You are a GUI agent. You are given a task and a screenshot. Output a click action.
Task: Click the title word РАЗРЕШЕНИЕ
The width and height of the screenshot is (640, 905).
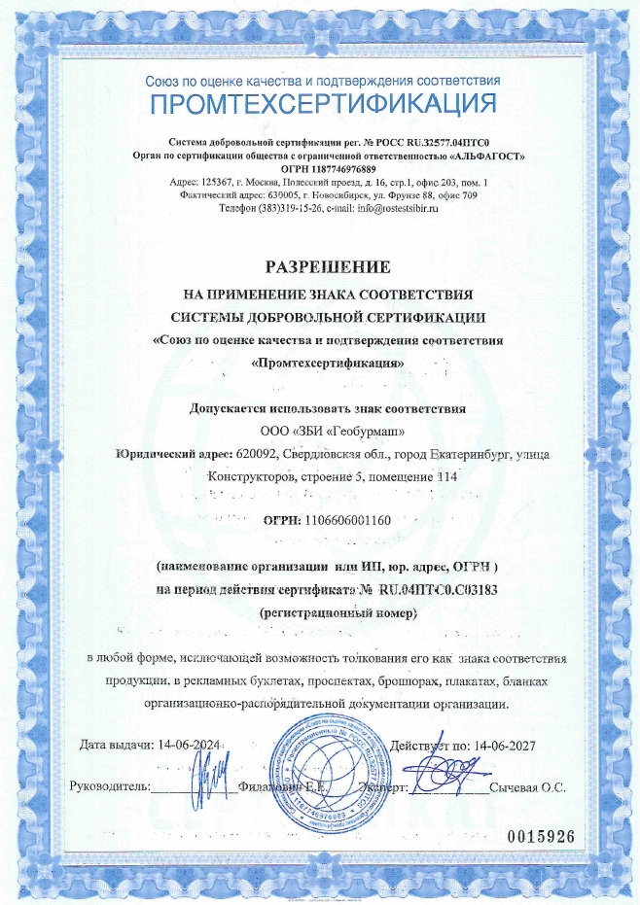320,265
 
